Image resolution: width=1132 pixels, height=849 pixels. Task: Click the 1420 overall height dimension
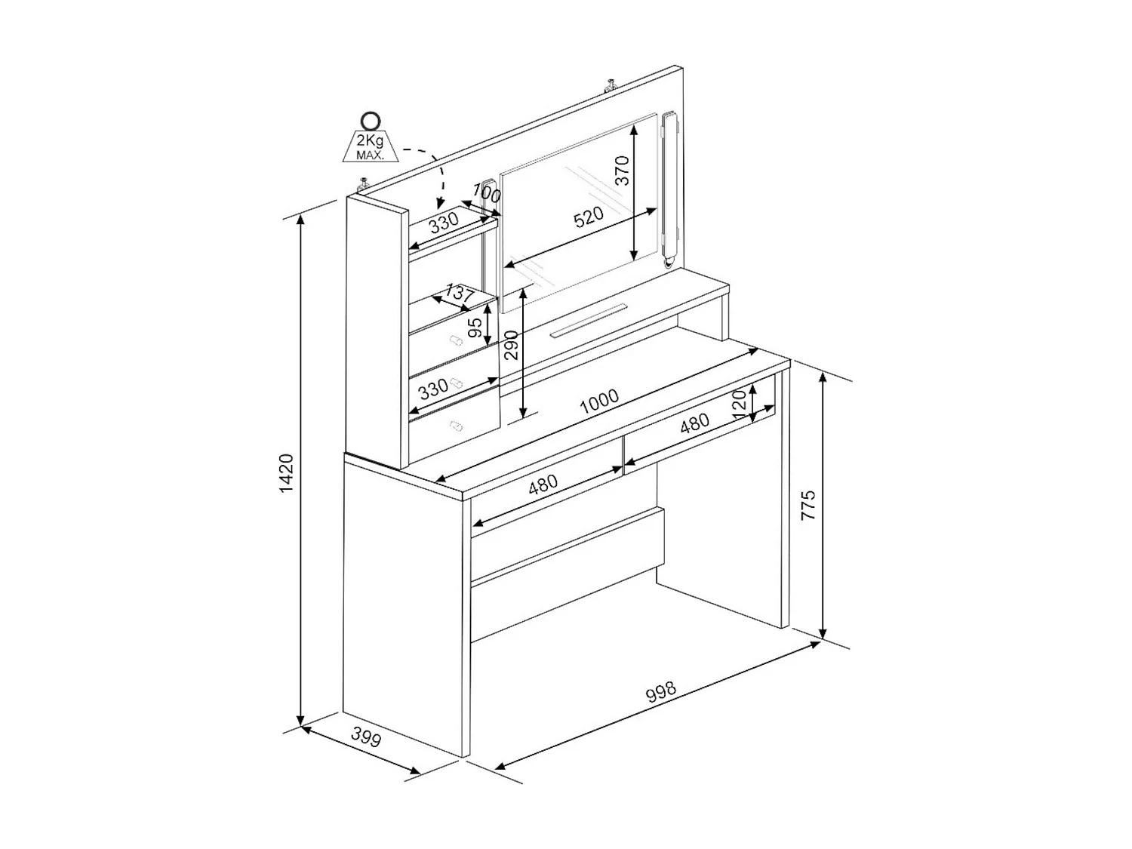tap(287, 474)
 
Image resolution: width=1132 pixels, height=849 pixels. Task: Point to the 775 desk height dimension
tap(808, 506)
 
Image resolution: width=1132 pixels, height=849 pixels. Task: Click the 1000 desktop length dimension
tap(599, 401)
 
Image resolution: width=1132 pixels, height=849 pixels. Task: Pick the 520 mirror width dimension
tap(589, 217)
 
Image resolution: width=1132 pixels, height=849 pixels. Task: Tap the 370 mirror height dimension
tap(622, 170)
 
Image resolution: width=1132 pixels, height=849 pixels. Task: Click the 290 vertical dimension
tap(512, 344)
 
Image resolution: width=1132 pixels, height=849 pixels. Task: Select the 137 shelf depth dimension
tap(459, 293)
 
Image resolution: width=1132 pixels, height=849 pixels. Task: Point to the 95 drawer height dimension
tap(475, 328)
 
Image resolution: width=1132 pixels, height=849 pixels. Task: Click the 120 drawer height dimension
tap(739, 399)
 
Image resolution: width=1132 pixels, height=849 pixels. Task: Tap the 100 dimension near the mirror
tap(487, 193)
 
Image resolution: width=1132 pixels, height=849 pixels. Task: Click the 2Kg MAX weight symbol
tap(370, 140)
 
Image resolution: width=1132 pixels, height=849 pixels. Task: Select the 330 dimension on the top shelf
tap(444, 223)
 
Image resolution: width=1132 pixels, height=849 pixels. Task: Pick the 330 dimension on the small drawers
tap(433, 389)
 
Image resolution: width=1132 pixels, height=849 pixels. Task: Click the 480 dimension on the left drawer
tap(543, 484)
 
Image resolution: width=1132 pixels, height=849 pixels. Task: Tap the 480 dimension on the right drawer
tap(694, 423)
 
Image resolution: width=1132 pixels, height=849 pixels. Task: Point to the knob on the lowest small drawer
tap(455, 428)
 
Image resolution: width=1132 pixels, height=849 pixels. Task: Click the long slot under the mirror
tap(589, 320)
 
